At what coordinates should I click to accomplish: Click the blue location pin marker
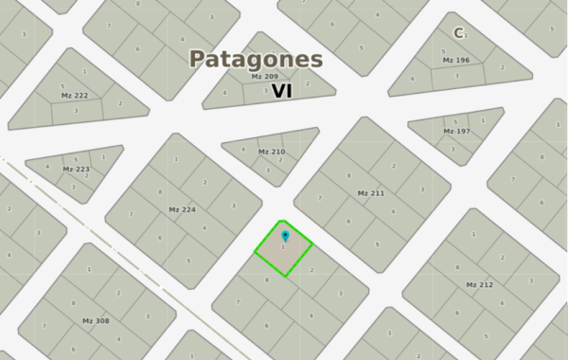[285, 235]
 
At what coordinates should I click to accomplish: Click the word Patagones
[256, 59]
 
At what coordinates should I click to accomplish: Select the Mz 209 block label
[264, 76]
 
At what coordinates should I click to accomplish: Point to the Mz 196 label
[455, 60]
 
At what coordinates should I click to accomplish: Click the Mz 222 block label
[74, 95]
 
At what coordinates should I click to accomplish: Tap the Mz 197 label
[456, 131]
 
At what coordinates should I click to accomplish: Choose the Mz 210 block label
[271, 152]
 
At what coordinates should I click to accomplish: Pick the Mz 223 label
[76, 169]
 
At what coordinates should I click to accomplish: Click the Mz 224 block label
[182, 209]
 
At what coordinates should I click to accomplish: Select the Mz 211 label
[370, 193]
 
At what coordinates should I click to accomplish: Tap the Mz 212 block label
[479, 284]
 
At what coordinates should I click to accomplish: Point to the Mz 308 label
[96, 320]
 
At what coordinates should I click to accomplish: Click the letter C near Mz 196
[458, 33]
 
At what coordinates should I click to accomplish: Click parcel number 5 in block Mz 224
[189, 261]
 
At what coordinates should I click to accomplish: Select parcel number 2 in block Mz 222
[119, 102]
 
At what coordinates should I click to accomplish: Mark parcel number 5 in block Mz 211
[377, 244]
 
